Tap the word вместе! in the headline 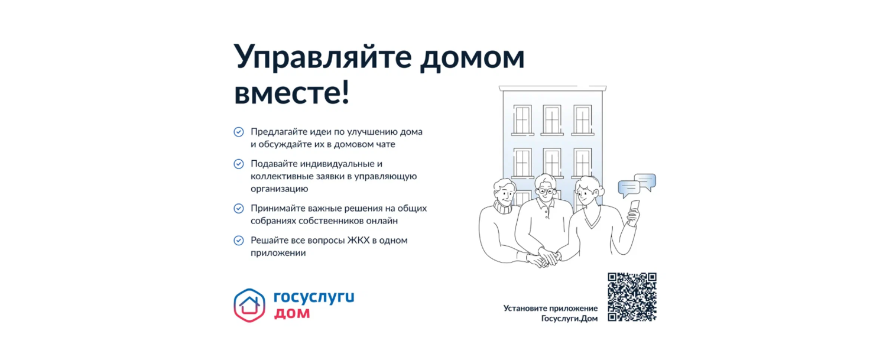click(x=292, y=93)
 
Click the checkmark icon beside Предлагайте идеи click(x=239, y=132)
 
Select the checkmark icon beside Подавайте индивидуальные click(x=239, y=164)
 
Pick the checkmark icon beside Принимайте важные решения click(x=239, y=209)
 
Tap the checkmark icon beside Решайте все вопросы click(x=239, y=241)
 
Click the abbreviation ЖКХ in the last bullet click(x=358, y=240)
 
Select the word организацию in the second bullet click(x=279, y=189)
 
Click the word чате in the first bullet click(x=385, y=144)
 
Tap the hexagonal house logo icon click(x=249, y=306)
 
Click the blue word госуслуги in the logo click(x=314, y=297)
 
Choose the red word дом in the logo click(x=292, y=313)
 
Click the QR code click(x=632, y=297)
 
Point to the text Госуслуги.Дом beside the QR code click(x=569, y=319)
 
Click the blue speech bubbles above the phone click(x=637, y=186)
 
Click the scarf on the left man click(x=503, y=207)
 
